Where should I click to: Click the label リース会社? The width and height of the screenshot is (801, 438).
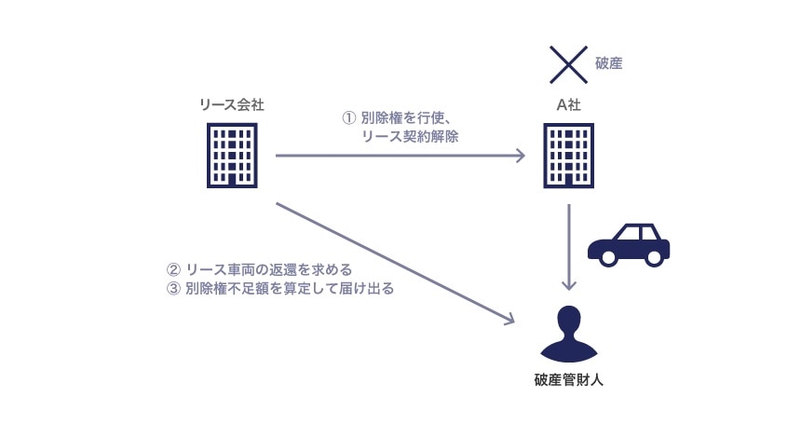[232, 105]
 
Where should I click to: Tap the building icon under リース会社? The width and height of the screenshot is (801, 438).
[231, 157]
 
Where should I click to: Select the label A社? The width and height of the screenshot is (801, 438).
[569, 105]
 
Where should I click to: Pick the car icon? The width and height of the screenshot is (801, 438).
[629, 244]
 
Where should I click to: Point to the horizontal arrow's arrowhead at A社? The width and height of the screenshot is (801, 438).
[521, 157]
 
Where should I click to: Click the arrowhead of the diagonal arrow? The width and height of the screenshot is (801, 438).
[509, 322]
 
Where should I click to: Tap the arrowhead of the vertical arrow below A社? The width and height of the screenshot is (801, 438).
[570, 285]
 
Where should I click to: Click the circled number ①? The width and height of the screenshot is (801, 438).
[350, 118]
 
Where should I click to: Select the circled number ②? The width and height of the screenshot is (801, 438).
[171, 271]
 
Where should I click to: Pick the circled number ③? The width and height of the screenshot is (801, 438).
[171, 289]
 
